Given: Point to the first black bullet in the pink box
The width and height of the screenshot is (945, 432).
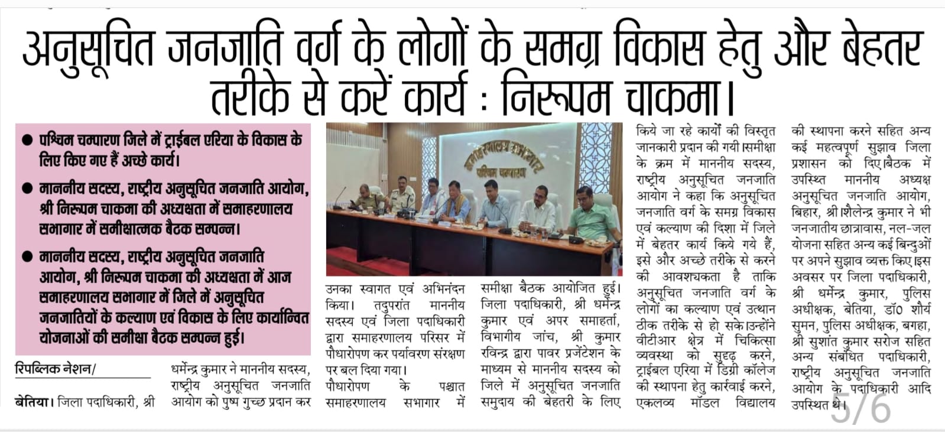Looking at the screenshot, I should (27, 141).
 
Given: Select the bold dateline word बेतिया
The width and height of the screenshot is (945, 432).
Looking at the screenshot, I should (33, 403).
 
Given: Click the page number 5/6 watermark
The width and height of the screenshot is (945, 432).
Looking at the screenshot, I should (860, 407).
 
